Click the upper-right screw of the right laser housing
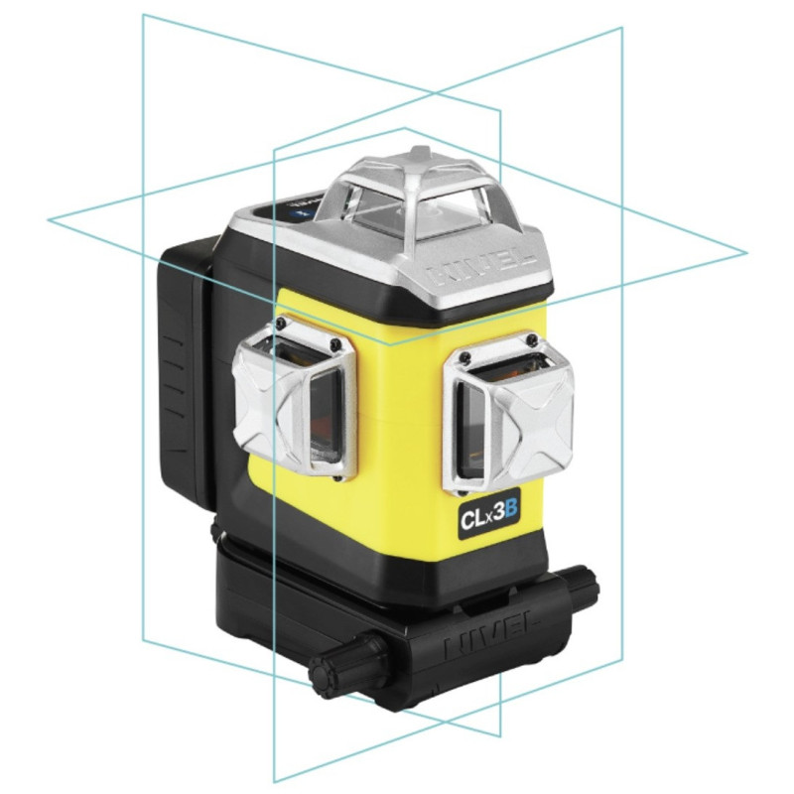[538, 340]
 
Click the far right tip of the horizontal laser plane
[745, 253]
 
